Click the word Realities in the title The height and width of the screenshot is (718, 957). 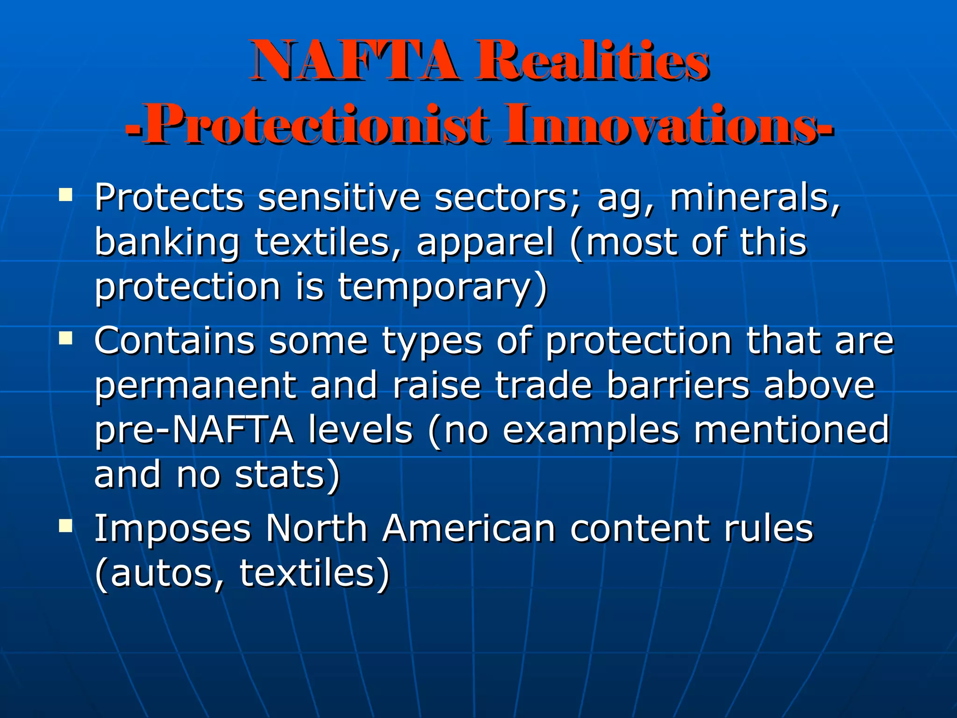click(x=592, y=61)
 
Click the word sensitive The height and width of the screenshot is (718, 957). click(x=339, y=198)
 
